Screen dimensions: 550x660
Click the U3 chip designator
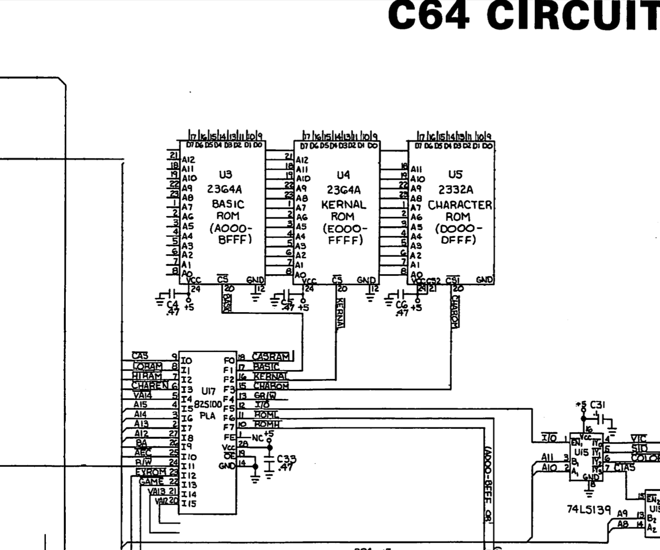click(225, 175)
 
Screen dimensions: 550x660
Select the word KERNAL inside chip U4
click(343, 204)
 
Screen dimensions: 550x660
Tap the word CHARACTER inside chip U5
click(459, 205)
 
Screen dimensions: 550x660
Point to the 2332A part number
click(456, 189)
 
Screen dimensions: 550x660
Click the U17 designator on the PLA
click(208, 390)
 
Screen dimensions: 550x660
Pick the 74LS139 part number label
click(589, 510)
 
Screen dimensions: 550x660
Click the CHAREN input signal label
click(150, 385)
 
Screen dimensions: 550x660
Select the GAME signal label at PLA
click(151, 481)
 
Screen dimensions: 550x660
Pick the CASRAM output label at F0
click(271, 357)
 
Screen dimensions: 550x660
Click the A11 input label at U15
click(547, 457)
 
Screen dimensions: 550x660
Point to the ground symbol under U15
click(589, 494)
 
